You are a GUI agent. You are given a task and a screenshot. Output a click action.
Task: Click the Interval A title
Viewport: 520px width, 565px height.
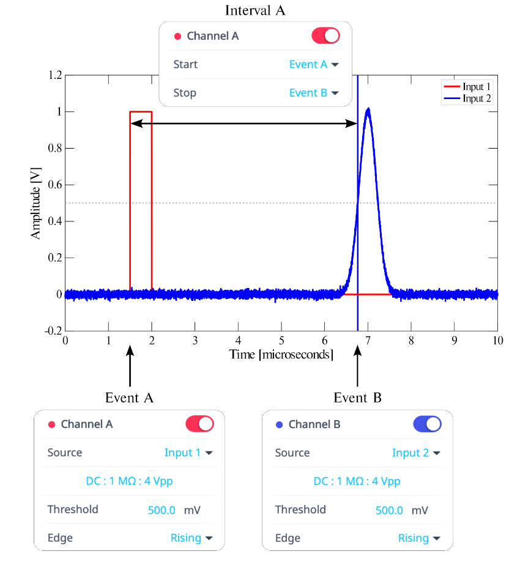[255, 10]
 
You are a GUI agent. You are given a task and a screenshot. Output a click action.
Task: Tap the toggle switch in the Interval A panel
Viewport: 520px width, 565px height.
[325, 35]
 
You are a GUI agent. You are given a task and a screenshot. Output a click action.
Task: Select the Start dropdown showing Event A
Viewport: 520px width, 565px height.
[314, 64]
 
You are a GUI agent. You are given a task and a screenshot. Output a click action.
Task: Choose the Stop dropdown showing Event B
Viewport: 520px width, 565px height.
[314, 93]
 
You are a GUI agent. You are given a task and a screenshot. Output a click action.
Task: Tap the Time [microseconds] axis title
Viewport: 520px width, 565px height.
[281, 355]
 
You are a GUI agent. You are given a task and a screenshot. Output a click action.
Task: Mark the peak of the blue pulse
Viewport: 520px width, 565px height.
[368, 110]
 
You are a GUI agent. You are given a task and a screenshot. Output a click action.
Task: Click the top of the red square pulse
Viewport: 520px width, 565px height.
[141, 112]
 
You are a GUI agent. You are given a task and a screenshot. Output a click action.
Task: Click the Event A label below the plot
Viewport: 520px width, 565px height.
[129, 397]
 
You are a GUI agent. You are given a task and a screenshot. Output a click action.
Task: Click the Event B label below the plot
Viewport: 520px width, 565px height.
[357, 397]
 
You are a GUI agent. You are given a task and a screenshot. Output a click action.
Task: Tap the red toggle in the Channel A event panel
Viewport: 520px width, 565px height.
[199, 424]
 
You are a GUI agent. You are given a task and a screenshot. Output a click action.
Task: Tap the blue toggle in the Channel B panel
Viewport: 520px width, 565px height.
[427, 424]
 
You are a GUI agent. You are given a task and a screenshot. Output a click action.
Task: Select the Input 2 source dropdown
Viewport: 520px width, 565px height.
[415, 452]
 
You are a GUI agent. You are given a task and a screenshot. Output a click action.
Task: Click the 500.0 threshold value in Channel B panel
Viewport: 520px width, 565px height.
[389, 510]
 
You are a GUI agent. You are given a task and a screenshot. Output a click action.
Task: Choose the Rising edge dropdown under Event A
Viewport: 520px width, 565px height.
[191, 538]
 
